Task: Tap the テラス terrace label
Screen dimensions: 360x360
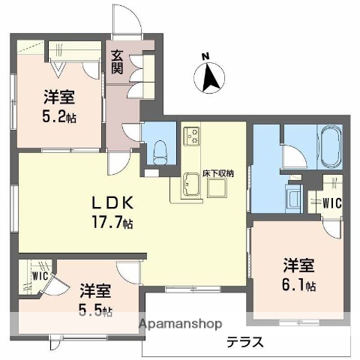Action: tap(245, 343)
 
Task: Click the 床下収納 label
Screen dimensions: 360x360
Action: tap(218, 174)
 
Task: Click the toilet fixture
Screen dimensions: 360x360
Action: tap(158, 151)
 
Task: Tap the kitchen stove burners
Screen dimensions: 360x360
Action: tap(192, 136)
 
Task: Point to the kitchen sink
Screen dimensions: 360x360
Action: tap(188, 184)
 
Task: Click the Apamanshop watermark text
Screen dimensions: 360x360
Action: tap(179, 325)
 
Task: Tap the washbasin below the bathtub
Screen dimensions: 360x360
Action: tap(293, 198)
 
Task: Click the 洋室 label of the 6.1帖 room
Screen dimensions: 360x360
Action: tap(298, 265)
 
